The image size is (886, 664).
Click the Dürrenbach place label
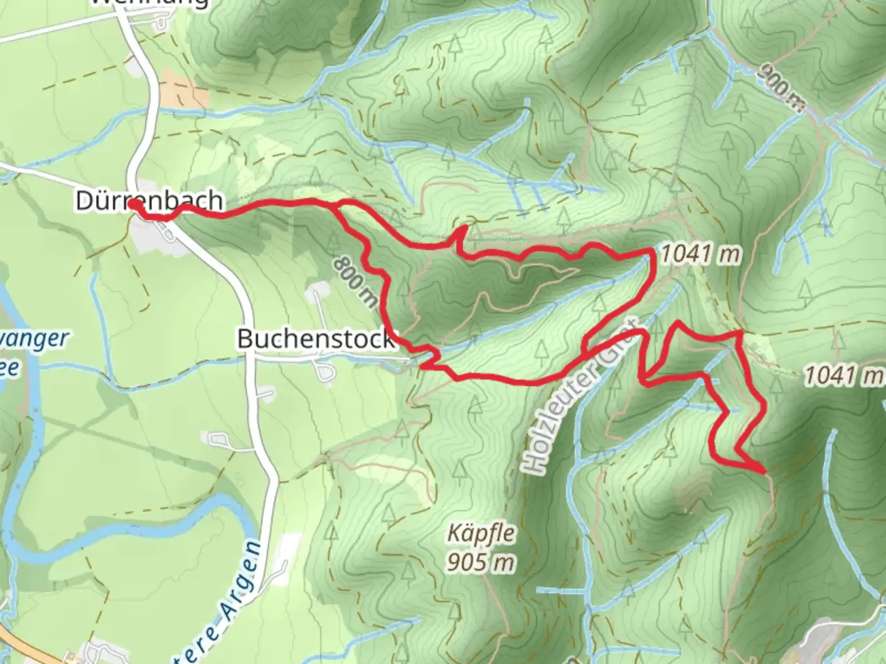tap(149, 200)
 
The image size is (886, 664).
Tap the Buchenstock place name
tap(316, 339)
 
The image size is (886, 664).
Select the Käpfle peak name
tap(481, 533)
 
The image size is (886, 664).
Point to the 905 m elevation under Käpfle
tap(481, 561)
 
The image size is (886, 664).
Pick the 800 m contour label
tap(356, 281)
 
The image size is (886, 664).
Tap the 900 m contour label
tap(781, 88)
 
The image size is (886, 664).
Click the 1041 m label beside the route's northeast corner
tap(700, 253)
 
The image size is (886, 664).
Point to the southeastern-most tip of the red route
tap(764, 472)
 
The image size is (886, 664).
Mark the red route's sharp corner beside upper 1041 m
tap(651, 251)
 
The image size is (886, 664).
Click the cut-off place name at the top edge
tap(150, 3)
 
